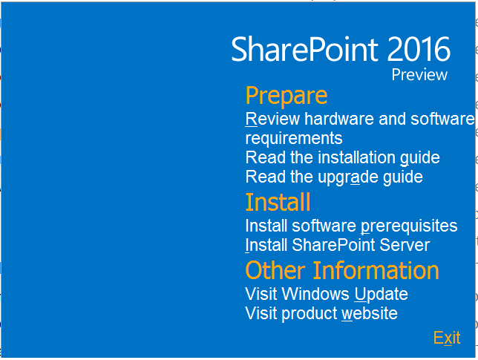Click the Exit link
tap(447, 338)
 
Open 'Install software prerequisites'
tap(351, 226)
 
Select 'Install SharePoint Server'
tap(338, 245)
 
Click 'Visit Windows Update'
tap(327, 294)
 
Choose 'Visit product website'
tap(321, 314)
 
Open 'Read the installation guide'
tap(343, 158)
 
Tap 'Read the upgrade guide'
tap(334, 177)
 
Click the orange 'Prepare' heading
tap(287, 96)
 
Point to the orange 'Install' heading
tap(278, 202)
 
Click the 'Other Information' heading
tap(342, 270)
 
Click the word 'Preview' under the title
tap(419, 75)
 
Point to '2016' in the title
tap(419, 49)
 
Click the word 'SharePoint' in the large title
tap(305, 49)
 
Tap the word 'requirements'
tap(294, 139)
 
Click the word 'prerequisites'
tap(409, 226)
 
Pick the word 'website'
tap(370, 314)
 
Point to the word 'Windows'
tap(315, 294)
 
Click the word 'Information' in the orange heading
tap(376, 270)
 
